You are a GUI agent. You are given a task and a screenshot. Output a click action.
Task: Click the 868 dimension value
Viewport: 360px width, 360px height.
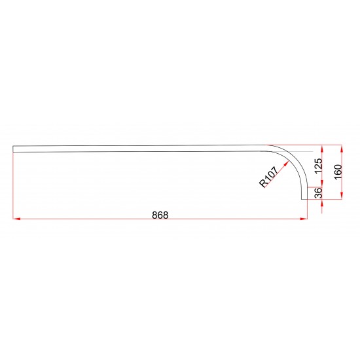point(160,215)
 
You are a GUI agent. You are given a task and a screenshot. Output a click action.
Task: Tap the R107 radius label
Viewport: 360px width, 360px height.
point(268,177)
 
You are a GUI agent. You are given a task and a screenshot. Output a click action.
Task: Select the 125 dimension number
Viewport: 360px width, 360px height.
point(319,166)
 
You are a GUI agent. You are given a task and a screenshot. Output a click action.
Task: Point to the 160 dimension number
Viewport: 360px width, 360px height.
point(338,172)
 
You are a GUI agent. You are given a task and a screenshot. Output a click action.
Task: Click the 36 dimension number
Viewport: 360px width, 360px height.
point(319,193)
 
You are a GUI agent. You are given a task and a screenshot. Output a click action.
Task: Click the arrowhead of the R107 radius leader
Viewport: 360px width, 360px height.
point(286,163)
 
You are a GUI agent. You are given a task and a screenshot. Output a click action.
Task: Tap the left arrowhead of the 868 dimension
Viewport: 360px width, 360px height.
point(16,219)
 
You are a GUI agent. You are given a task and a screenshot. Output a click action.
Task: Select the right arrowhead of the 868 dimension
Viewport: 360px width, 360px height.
point(304,219)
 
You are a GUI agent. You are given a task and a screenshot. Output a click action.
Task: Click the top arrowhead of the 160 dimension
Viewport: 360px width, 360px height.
point(342,149)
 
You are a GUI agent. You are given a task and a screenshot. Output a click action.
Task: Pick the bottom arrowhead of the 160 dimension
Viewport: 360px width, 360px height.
point(342,195)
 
